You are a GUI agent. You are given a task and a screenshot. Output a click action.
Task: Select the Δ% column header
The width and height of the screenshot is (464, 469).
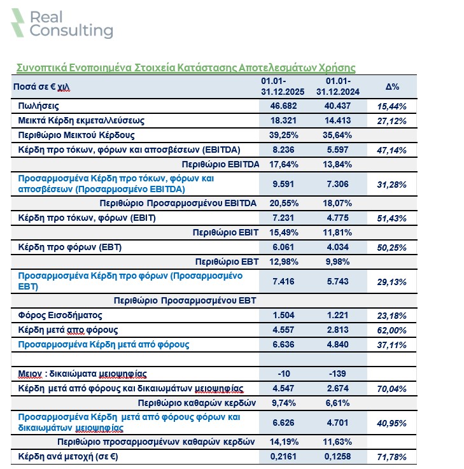tap(392, 87)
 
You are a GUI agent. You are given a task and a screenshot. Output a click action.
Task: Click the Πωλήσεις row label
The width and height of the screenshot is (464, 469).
tap(38, 106)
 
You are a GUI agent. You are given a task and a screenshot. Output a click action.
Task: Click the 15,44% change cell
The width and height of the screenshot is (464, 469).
tap(392, 106)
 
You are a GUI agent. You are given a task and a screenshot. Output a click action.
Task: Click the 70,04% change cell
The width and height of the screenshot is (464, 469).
tap(392, 388)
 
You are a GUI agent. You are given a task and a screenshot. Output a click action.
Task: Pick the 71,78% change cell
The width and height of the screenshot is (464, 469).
tap(392, 457)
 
